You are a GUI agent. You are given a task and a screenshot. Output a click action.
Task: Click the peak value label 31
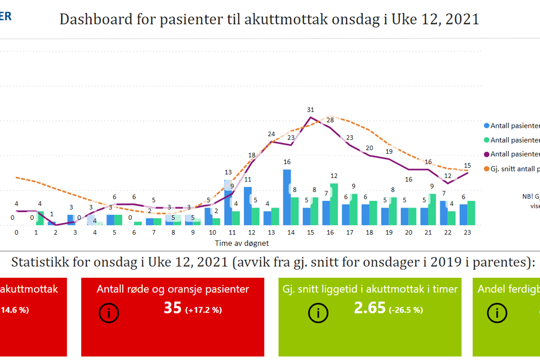click(310, 110)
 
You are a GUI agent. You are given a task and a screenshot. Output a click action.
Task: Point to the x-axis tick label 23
click(467, 233)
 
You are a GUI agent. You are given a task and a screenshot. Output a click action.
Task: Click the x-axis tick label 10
click(212, 233)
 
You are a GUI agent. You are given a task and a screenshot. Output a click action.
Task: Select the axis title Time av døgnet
click(242, 243)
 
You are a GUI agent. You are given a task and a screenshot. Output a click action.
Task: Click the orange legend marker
click(486, 169)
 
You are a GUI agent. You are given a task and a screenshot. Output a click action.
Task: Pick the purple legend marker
click(486, 154)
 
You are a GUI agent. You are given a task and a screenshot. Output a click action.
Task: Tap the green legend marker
click(486, 140)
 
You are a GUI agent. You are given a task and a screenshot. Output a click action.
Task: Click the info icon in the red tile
click(109, 313)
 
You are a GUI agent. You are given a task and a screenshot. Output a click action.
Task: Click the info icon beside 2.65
click(318, 313)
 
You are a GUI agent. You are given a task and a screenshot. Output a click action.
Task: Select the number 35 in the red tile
click(172, 308)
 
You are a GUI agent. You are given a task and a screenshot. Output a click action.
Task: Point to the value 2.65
click(369, 308)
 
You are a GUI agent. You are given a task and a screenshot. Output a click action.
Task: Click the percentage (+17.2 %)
click(203, 310)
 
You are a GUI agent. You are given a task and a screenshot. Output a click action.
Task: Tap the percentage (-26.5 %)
click(406, 310)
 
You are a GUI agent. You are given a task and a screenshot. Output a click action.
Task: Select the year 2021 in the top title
click(462, 19)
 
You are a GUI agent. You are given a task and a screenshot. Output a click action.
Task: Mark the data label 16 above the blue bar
click(287, 162)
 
